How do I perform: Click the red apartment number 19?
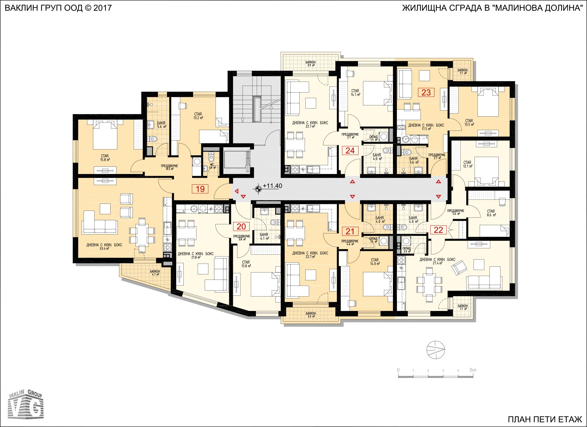200,189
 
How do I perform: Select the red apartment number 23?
426,92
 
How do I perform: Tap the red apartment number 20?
241,227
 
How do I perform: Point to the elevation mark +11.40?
272,186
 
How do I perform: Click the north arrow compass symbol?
436,350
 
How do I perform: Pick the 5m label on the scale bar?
473,370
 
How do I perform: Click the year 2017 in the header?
103,8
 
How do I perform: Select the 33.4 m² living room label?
104,247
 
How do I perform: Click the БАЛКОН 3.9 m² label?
311,64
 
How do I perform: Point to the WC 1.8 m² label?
212,166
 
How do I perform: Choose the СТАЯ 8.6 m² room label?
491,213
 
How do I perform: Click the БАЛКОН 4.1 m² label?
155,273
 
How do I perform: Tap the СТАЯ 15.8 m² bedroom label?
105,158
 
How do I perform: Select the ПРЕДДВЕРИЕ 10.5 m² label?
169,167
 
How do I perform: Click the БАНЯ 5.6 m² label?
161,125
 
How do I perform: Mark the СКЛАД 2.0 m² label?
407,250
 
